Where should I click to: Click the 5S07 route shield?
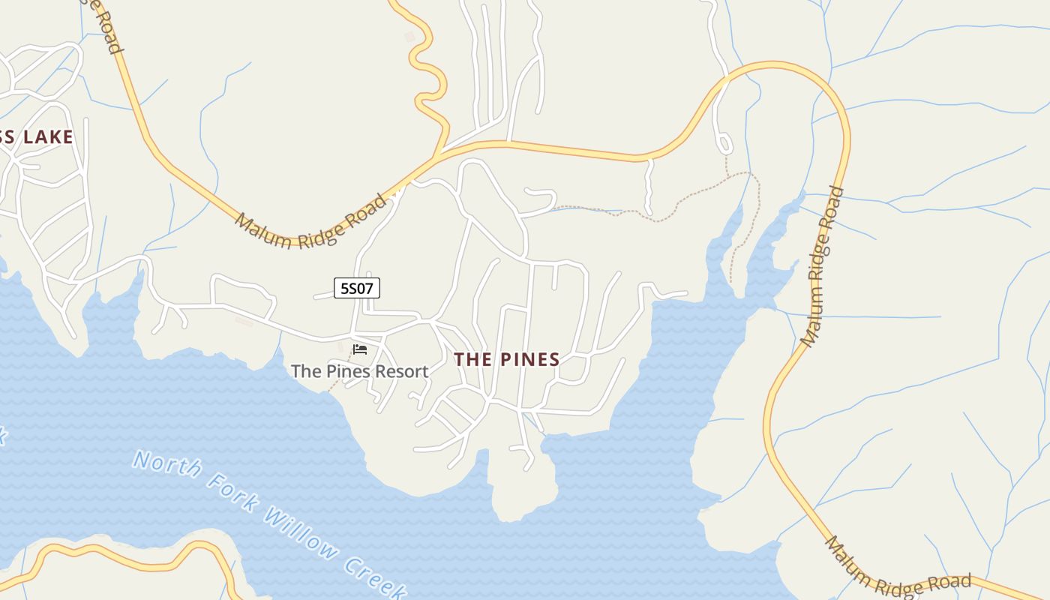click(x=357, y=287)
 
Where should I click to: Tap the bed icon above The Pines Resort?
click(x=360, y=349)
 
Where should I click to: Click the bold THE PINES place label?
click(x=507, y=359)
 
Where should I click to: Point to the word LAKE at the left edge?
click(x=48, y=136)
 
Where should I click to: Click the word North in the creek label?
click(x=166, y=464)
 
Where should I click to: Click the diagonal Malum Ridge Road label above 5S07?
click(x=312, y=222)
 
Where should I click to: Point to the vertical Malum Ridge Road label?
click(x=822, y=266)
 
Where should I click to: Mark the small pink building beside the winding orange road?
click(x=409, y=36)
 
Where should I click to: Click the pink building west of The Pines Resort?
click(x=244, y=321)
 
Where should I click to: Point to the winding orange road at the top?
click(x=424, y=67)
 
